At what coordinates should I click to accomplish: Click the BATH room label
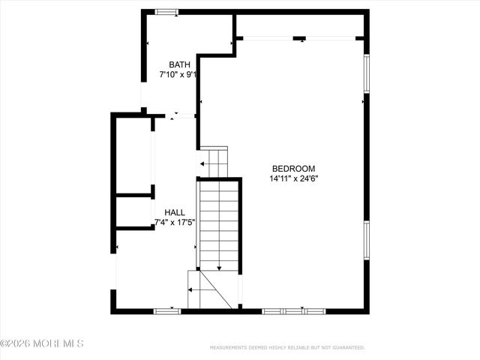click(x=179, y=64)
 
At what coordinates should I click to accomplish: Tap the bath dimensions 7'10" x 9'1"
click(x=178, y=75)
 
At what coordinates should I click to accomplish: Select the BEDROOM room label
click(x=293, y=169)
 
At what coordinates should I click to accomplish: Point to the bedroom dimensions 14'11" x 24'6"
click(x=293, y=179)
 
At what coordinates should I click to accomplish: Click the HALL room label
click(x=175, y=212)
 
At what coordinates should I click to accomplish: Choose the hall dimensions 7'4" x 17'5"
click(x=175, y=223)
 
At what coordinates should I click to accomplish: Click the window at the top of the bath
click(x=166, y=11)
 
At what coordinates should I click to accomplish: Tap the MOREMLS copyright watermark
click(x=42, y=343)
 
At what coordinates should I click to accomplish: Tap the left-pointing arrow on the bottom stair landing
click(x=196, y=289)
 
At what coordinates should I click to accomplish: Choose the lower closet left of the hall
click(x=133, y=211)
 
